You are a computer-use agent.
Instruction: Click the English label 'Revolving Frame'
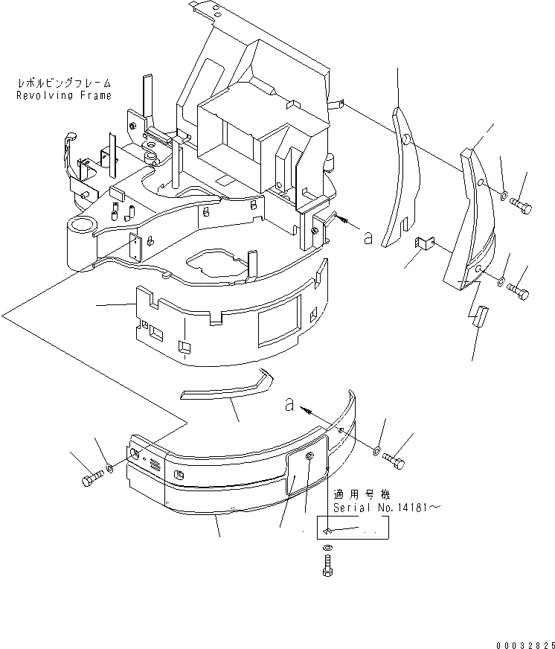(x=65, y=95)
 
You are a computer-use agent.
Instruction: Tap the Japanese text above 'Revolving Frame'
(x=65, y=83)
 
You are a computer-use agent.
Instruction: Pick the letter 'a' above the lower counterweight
(x=288, y=405)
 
